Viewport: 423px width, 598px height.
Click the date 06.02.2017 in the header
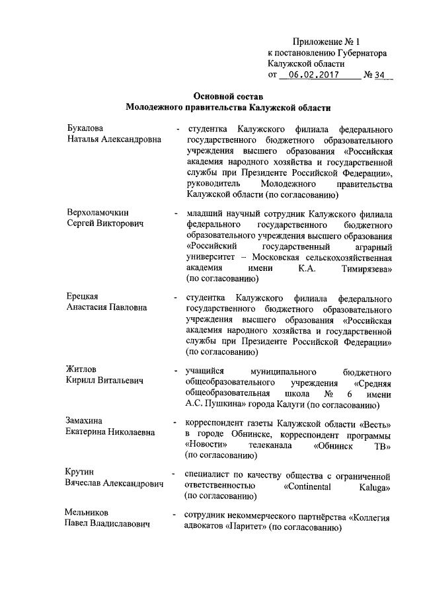pos(314,75)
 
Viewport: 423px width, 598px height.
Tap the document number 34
pos(379,75)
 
